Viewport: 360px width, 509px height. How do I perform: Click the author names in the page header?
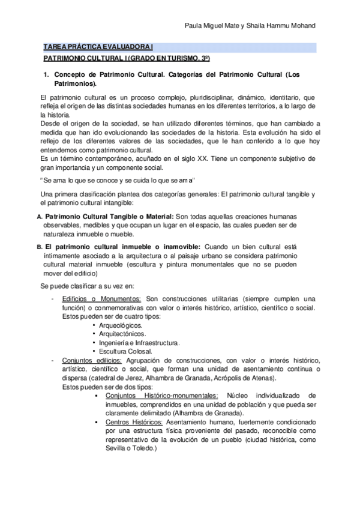tap(256, 26)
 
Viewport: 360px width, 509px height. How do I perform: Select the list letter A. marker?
tap(40, 216)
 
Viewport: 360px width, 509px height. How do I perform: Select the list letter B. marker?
tap(40, 247)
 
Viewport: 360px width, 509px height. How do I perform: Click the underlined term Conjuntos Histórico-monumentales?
tap(161, 396)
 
